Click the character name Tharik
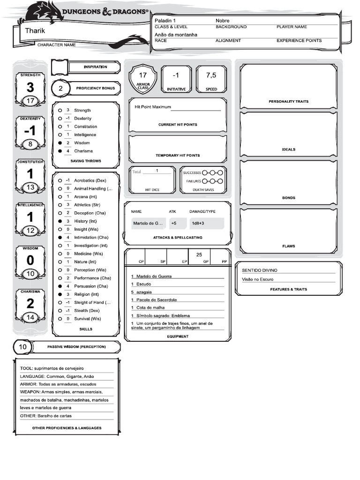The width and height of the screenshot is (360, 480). click(35, 30)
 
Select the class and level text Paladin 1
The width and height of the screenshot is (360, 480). click(165, 21)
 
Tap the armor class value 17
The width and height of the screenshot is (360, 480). click(143, 75)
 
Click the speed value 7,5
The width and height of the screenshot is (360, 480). click(211, 75)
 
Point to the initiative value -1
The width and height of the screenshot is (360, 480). click(176, 75)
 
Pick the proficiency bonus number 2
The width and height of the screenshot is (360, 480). click(60, 88)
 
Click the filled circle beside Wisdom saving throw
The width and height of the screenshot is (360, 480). click(60, 143)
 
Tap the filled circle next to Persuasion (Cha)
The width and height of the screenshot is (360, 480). click(60, 286)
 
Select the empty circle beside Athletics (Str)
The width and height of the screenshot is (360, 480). click(60, 205)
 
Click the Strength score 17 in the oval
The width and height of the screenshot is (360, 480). click(30, 101)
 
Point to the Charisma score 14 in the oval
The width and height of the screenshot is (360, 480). click(30, 317)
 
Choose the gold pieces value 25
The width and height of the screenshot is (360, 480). click(199, 255)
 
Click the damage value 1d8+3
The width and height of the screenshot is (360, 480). click(197, 224)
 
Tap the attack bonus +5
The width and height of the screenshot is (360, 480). click(174, 224)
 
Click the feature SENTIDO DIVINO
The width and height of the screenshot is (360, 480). click(259, 270)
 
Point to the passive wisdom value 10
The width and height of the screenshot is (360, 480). click(23, 347)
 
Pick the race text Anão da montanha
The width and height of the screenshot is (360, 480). click(176, 35)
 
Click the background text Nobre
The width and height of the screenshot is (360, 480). click(222, 21)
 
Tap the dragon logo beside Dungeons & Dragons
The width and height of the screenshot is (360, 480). click(46, 12)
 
